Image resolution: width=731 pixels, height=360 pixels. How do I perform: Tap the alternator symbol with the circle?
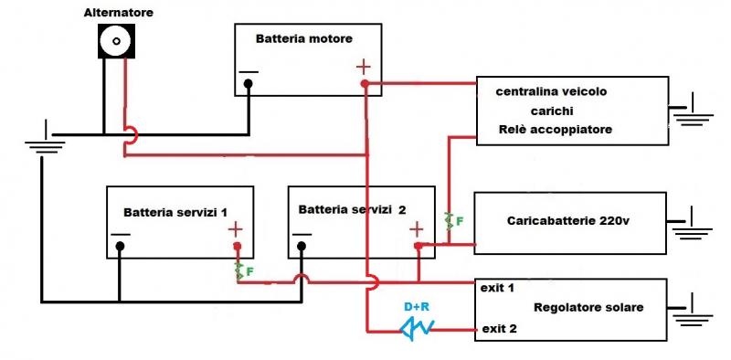(x=117, y=41)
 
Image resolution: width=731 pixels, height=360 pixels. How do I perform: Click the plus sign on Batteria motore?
(x=363, y=67)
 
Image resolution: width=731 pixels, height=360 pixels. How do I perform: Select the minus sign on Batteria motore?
(x=248, y=72)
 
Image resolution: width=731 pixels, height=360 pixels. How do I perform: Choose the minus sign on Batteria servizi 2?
(x=301, y=233)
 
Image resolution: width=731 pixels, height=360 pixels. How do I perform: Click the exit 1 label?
(x=497, y=288)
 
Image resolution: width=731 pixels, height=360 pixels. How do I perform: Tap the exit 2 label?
(x=500, y=328)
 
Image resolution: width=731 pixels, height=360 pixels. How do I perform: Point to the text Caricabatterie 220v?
(x=564, y=221)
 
